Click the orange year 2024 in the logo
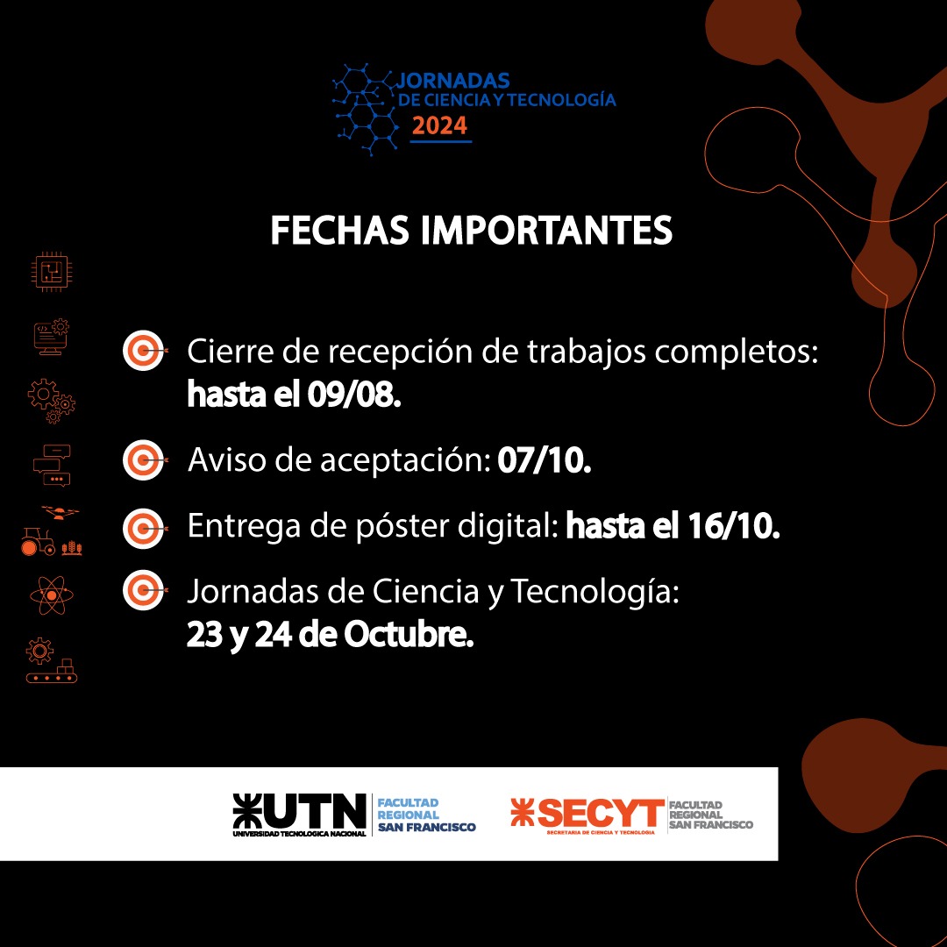coord(439,125)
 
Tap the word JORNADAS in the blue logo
coord(453,81)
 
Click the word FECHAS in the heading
coord(339,230)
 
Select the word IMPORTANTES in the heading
coord(546,230)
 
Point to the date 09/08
coord(354,395)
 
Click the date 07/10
coord(545,460)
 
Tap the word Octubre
coord(409,635)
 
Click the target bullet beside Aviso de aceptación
coord(144,460)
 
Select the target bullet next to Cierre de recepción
coord(144,350)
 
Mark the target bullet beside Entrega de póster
coord(144,529)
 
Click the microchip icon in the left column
coord(52,272)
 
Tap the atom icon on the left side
coord(52,595)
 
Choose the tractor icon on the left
coord(38,542)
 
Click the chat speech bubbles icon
coord(52,465)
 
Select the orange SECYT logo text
coord(601,813)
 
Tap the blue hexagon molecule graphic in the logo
coord(366,110)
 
